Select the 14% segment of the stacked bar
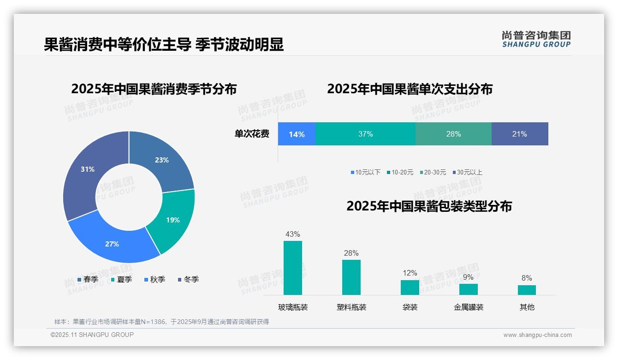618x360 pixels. (297, 134)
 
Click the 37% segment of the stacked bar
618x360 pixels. (365, 134)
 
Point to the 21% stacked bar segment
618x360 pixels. (519, 134)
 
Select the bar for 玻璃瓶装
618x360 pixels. (293, 268)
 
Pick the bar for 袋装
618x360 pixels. (410, 287)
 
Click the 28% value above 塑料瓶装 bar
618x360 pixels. (351, 253)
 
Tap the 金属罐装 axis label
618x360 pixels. (469, 307)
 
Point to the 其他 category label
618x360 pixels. (527, 307)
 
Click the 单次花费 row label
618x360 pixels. (252, 134)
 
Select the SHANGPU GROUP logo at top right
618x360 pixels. (536, 39)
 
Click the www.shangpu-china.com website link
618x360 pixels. (537, 335)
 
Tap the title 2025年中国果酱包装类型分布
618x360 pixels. (429, 206)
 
